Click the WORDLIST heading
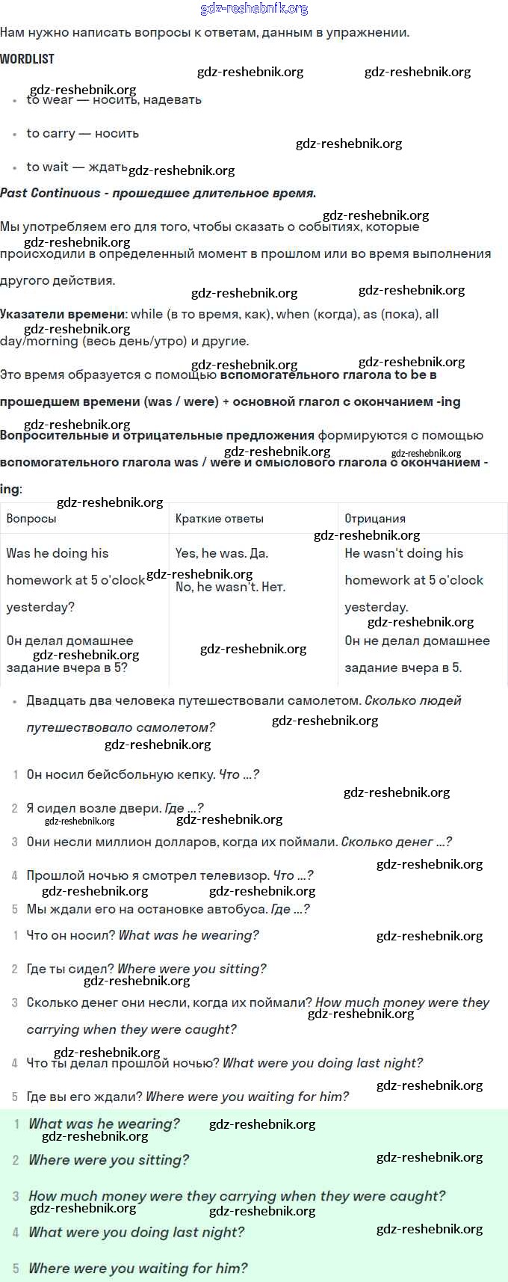27,58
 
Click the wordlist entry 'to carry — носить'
82,133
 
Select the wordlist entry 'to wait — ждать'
77,167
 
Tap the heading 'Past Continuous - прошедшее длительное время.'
158,193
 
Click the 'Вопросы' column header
31,518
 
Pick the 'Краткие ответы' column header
219,518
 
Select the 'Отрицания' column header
375,518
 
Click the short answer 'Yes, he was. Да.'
221,553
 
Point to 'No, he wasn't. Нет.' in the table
230,587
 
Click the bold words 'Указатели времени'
62,314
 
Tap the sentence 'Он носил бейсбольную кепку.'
120,774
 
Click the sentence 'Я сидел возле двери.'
93,808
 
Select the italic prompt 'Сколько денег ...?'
396,842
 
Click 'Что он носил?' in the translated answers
70,935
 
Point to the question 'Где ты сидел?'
69,969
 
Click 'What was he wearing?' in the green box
104,1124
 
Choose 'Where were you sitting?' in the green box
108,1160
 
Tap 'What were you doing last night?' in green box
136,1232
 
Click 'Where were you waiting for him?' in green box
137,1269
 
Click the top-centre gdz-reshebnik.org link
254,8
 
